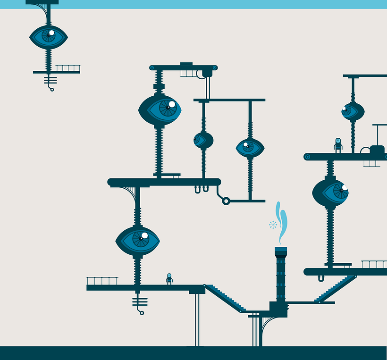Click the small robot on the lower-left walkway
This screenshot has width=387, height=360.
pos(169,279)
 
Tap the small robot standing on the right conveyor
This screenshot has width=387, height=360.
pos(338,145)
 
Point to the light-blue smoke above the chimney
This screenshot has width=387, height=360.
pos(282,222)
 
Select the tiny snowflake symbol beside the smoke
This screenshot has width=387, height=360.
pos(273,225)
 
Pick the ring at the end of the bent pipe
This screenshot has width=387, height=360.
pos(226,201)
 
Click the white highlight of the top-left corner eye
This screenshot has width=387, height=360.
pos(52,33)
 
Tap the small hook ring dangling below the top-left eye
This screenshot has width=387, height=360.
pos(52,89)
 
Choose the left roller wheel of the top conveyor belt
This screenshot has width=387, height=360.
pos(152,68)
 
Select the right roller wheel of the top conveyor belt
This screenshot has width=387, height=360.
pos(215,68)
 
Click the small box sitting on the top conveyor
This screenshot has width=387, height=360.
pos(186,64)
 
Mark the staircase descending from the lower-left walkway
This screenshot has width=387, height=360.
pos(223,298)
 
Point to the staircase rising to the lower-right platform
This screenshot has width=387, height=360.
pos(336,289)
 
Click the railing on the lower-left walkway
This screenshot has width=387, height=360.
pos(102,281)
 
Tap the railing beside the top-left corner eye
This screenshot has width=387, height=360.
pos(68,68)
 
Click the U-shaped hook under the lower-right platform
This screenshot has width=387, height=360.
pos(321,278)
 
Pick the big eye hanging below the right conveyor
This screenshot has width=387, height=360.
pos(330,192)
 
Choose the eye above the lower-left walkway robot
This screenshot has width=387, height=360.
pos(138,240)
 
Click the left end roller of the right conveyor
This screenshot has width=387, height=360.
pos(307,157)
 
